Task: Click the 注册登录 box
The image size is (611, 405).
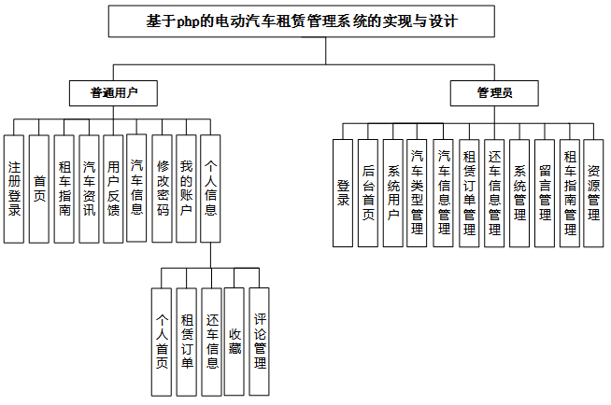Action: (x=14, y=189)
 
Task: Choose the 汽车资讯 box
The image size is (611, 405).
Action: (x=88, y=189)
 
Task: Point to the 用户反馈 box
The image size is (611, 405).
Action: (x=113, y=189)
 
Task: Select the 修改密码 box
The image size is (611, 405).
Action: (x=163, y=189)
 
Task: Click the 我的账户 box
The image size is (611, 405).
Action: (x=186, y=189)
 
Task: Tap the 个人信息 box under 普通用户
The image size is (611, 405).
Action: (x=211, y=189)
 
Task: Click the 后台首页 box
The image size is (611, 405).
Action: (x=368, y=192)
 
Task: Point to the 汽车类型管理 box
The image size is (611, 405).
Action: (x=418, y=192)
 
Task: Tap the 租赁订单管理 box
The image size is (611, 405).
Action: (x=469, y=192)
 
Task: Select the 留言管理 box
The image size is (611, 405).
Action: (x=544, y=192)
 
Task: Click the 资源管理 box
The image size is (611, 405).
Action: (x=593, y=192)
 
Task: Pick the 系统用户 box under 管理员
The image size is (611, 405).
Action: (x=393, y=192)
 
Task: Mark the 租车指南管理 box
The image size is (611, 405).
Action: (x=569, y=192)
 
